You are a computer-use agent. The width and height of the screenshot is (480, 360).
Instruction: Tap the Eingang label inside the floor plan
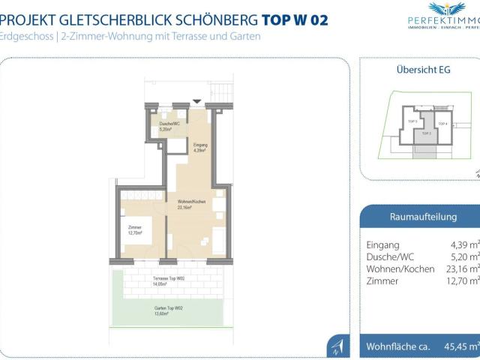point(199,147)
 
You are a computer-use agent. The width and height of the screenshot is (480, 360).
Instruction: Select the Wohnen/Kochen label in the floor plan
point(192,205)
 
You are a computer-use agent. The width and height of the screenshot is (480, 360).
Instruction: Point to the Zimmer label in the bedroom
point(135,230)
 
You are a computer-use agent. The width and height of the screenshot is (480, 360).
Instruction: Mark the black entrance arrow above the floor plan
point(196,101)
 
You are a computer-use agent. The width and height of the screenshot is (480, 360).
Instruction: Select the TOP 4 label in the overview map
point(442,123)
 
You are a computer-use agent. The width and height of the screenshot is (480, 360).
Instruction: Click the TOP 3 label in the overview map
point(412,120)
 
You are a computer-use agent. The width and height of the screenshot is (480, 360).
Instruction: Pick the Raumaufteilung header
point(424,217)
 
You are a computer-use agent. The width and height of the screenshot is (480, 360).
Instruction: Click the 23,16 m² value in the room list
point(463,268)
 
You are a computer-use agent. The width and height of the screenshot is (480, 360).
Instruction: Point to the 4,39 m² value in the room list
point(463,244)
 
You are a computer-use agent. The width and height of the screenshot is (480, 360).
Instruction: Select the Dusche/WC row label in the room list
point(390,256)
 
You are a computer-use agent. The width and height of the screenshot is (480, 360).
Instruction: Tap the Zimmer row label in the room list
point(382,280)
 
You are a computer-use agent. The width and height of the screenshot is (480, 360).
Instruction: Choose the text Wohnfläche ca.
point(397,346)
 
